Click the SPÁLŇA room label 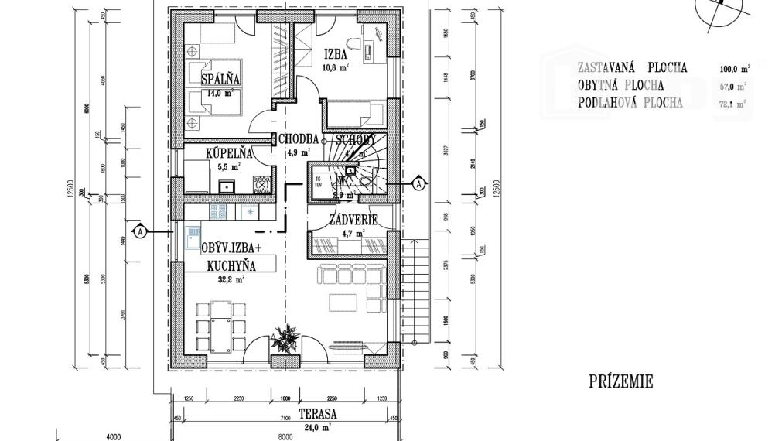[x=221, y=80]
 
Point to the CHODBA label [x=299, y=139]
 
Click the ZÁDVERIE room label [x=353, y=220]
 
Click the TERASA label [x=316, y=415]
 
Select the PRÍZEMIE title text [x=620, y=381]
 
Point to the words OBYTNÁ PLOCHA [x=621, y=86]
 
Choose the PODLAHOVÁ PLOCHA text [x=630, y=103]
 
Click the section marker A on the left [x=140, y=231]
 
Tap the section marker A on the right [x=418, y=184]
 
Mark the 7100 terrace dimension [x=285, y=418]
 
